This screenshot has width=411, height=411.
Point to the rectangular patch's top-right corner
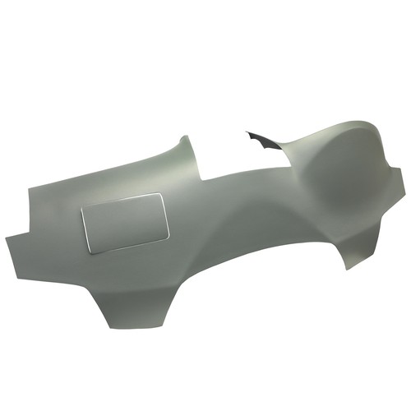click(161, 193)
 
